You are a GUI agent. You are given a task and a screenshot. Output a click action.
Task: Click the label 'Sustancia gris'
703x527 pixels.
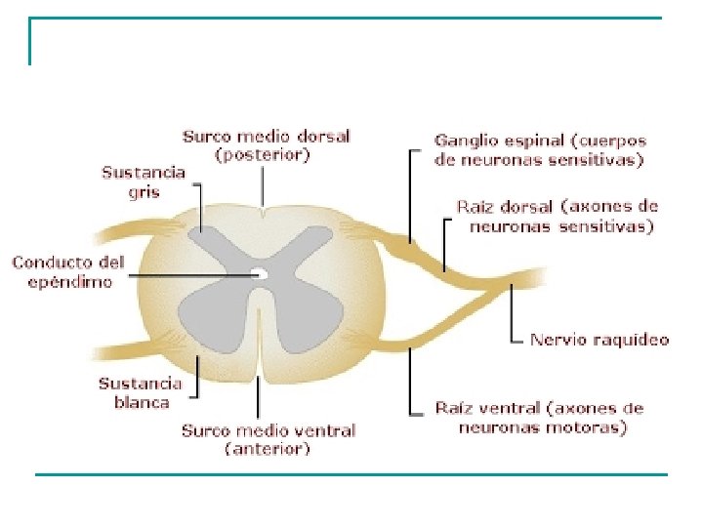(x=144, y=182)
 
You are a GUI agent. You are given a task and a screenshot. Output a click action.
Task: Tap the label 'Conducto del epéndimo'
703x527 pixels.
(x=62, y=272)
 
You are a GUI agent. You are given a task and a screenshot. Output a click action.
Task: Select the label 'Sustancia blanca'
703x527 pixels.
(x=140, y=392)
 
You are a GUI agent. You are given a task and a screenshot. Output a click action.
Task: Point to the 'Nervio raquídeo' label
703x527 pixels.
(x=600, y=340)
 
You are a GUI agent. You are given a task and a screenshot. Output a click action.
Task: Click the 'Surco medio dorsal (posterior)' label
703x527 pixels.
(x=266, y=145)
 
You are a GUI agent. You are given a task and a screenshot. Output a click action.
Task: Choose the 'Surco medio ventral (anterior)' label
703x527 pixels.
(x=269, y=439)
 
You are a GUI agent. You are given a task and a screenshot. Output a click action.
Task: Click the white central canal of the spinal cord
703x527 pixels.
(x=260, y=274)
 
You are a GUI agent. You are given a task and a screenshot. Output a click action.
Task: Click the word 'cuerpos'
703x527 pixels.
(x=614, y=142)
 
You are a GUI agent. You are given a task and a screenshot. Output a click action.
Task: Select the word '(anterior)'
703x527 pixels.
(x=268, y=449)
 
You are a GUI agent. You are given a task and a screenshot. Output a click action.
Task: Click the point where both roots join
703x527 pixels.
(x=510, y=285)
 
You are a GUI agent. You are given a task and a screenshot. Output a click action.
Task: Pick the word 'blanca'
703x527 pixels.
(x=140, y=402)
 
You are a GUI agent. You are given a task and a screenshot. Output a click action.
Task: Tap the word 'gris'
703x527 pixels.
(x=144, y=192)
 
